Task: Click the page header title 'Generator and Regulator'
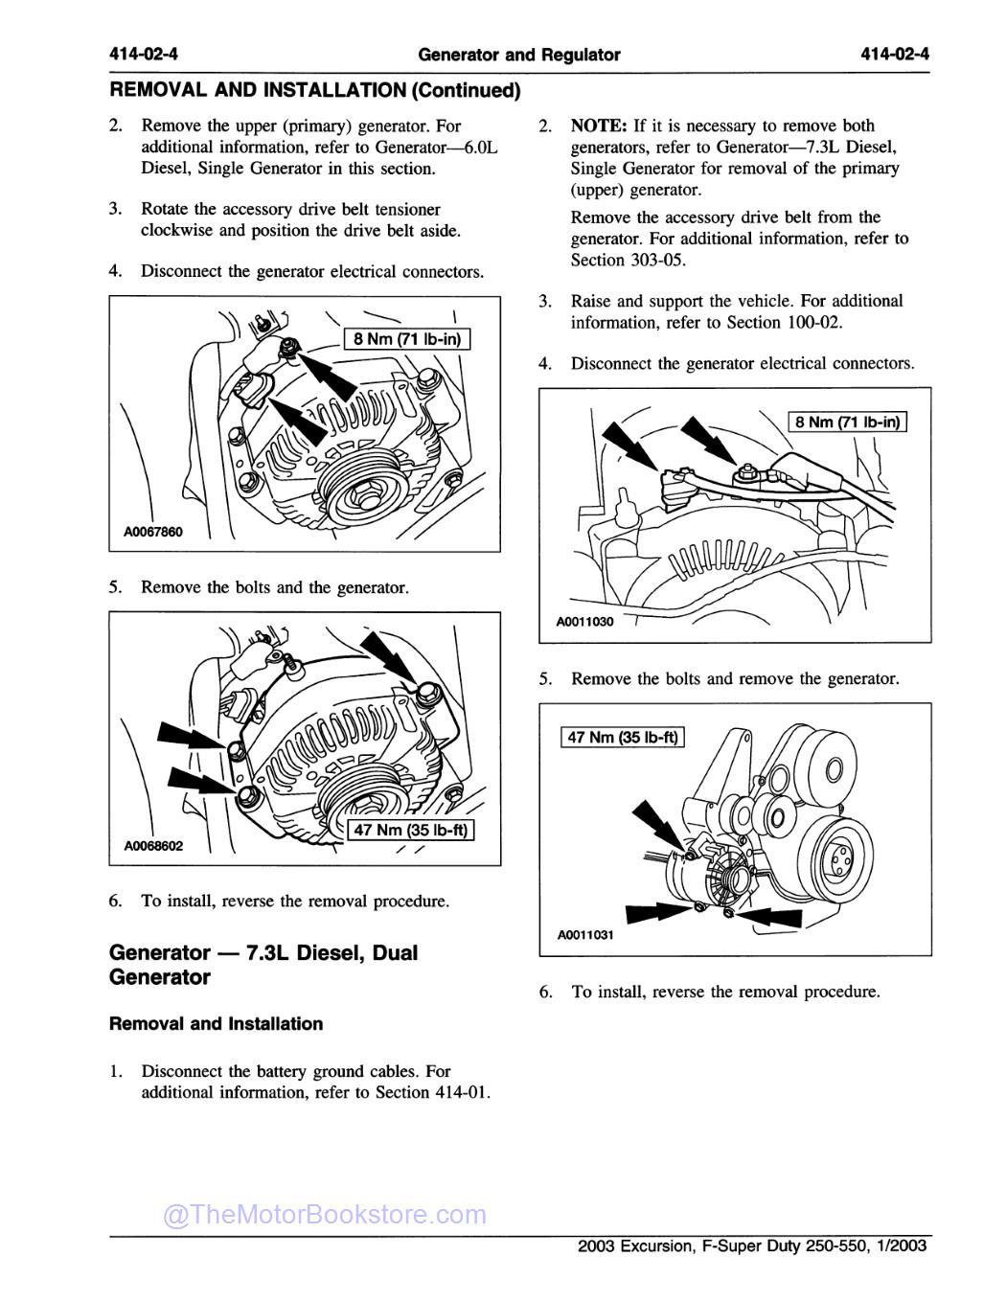[519, 55]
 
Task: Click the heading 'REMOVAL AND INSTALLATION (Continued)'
[315, 91]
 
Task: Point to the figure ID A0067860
[151, 533]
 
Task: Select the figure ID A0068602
[153, 846]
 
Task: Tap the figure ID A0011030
[584, 622]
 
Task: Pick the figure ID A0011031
[584, 936]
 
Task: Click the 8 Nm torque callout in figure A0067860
[407, 338]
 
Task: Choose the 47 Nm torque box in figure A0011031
[622, 738]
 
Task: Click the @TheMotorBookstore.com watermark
[325, 1215]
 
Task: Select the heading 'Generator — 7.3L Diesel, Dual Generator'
[263, 965]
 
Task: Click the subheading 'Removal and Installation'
[216, 1023]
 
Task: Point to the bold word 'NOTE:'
[599, 126]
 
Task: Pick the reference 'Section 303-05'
[628, 260]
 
